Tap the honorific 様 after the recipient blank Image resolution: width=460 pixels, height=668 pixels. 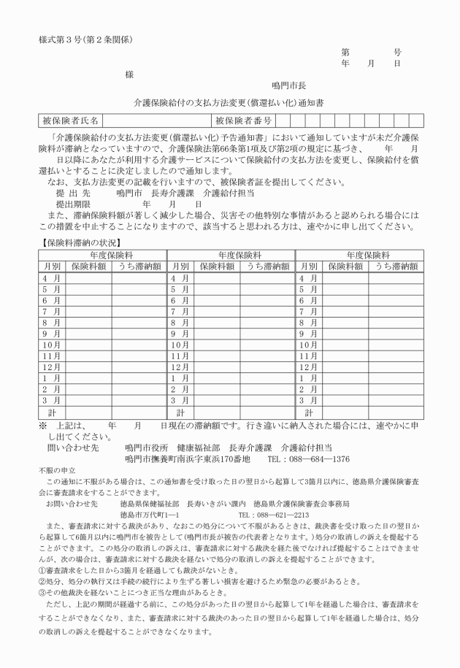click(x=129, y=74)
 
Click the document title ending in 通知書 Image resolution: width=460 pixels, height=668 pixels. click(x=229, y=103)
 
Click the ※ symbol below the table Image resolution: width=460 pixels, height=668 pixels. click(x=43, y=424)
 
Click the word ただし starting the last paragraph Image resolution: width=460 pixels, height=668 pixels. click(x=61, y=605)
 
